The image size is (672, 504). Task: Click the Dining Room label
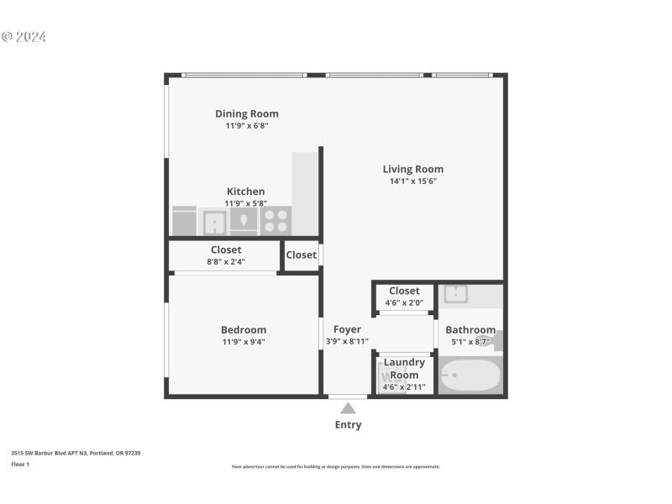246,113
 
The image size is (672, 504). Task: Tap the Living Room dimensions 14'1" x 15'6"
412,181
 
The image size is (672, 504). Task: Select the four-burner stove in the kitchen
276,221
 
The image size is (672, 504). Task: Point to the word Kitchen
244,192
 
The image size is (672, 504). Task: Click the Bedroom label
244,330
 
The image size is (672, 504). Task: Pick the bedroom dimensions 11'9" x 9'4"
244,342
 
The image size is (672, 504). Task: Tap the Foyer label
347,330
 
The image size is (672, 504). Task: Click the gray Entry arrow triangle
348,408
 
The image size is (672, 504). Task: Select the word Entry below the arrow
348,425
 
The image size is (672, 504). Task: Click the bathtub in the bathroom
470,376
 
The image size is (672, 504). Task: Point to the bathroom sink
456,294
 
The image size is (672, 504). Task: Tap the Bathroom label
470,330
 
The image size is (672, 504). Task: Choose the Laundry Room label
404,369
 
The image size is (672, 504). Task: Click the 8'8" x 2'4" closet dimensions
225,262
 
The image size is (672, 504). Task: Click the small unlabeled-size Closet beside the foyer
301,255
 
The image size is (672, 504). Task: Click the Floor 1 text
20,464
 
